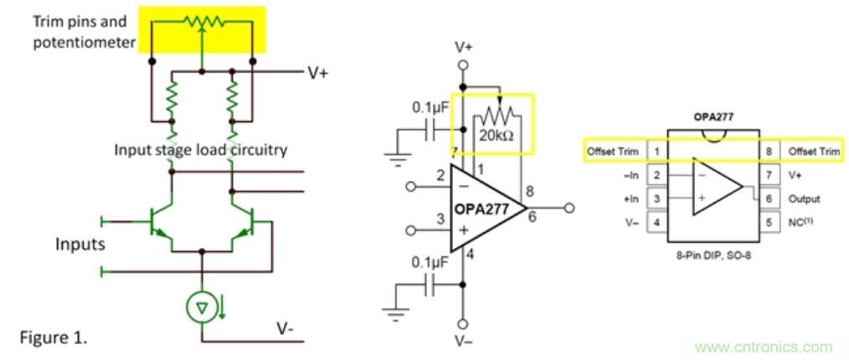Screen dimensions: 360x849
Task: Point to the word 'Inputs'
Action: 80,244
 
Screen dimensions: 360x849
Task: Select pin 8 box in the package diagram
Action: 768,152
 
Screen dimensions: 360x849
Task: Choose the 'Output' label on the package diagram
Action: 804,199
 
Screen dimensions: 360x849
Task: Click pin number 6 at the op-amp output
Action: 533,216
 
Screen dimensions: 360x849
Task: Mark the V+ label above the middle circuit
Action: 463,46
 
